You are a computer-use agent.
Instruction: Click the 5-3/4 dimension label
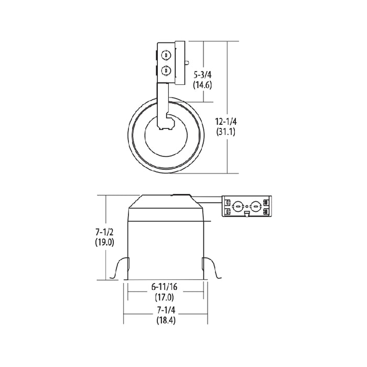[x=202, y=74]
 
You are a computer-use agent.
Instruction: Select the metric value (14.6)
[x=202, y=84]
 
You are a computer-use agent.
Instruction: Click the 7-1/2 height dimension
[x=104, y=232]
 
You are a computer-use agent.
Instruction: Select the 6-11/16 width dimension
[x=164, y=287]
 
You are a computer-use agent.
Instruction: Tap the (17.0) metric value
[x=164, y=297]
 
